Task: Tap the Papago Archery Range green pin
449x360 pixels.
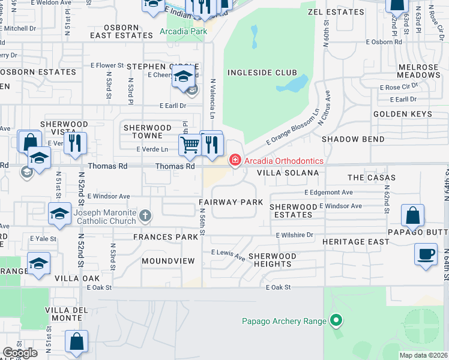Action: (336, 321)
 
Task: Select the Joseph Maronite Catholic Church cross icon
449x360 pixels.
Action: (145, 215)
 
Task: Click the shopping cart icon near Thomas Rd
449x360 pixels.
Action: (190, 144)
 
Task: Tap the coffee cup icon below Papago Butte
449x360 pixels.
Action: (426, 254)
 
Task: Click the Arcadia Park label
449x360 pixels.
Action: (187, 32)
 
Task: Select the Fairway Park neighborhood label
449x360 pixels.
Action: (231, 202)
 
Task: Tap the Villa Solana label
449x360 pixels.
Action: (288, 172)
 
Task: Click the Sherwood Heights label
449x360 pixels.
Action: (273, 260)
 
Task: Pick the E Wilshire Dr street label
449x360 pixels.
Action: (295, 235)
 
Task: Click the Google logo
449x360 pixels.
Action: (20, 353)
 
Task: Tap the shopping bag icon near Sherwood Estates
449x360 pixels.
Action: (412, 217)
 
